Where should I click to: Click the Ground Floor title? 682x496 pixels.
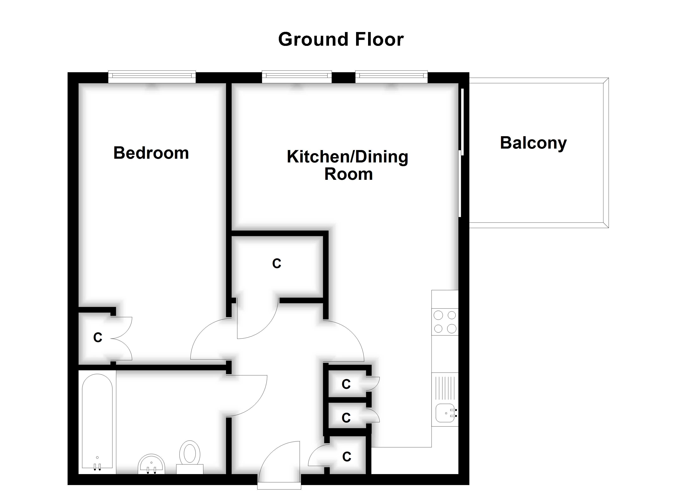(341, 39)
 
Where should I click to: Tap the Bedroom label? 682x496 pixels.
(151, 153)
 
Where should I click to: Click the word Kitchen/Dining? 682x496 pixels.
(347, 157)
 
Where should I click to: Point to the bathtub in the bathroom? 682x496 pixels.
(97, 421)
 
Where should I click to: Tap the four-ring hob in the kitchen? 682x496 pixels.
(445, 322)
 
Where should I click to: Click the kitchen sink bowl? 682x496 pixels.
(445, 413)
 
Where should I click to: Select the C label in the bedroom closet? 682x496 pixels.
(98, 337)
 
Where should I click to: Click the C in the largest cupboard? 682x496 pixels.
(276, 263)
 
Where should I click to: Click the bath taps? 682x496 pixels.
(97, 467)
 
